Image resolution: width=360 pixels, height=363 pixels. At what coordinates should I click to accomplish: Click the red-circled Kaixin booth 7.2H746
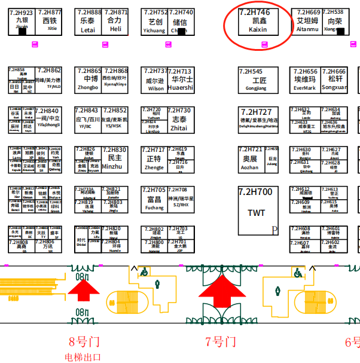[258, 23]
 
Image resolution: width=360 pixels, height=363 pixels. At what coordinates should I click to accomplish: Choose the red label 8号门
[83, 342]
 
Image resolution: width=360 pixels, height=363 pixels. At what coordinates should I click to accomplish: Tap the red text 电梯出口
[83, 357]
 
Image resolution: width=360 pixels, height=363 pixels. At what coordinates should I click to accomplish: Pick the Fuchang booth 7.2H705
[154, 199]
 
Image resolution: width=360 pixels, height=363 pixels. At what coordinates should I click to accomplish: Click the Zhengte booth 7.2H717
[154, 158]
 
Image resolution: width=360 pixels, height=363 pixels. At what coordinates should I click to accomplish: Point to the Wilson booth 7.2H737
[154, 80]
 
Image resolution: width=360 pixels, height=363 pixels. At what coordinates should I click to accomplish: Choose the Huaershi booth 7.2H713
[181, 79]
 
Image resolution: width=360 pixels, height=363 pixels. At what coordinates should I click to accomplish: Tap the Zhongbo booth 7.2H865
[88, 79]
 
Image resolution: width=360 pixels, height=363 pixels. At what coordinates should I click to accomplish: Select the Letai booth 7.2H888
[88, 21]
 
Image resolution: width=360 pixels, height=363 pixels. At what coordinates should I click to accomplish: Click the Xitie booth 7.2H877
[50, 21]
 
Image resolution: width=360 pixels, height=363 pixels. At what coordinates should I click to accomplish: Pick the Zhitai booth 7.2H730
[179, 119]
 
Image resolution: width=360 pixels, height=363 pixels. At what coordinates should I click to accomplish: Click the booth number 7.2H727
[256, 112]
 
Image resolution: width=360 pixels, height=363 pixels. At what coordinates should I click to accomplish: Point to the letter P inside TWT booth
[274, 230]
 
